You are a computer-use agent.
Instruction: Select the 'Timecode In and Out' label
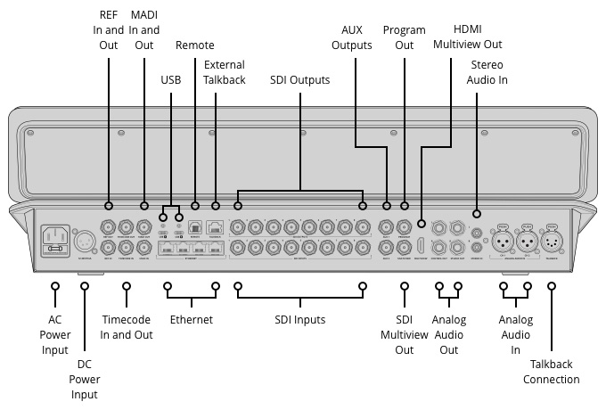coord(127,327)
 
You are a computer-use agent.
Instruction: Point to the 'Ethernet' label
coord(191,320)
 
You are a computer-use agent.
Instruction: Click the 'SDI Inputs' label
coord(298,320)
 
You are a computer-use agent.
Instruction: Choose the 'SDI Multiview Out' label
coord(405,334)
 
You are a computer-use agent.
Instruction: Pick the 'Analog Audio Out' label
coord(449,334)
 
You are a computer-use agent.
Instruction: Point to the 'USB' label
coord(170,79)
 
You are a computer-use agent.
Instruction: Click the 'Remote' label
coord(194,45)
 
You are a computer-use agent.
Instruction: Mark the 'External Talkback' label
coord(224,72)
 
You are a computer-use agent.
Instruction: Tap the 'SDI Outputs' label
coord(299,79)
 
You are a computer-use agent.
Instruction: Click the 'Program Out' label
coord(405,37)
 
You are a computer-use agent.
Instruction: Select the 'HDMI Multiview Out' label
coord(453,37)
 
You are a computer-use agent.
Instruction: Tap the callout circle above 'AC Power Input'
coord(55,287)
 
